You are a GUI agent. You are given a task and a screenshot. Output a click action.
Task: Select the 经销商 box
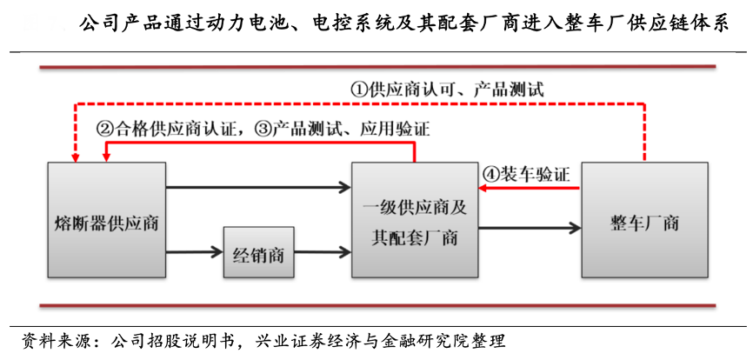tap(258, 255)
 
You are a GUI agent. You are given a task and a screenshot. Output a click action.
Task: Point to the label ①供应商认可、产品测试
tap(447, 90)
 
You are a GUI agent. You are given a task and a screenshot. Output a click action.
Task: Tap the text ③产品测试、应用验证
tap(343, 129)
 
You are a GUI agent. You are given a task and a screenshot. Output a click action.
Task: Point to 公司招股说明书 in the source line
tap(174, 339)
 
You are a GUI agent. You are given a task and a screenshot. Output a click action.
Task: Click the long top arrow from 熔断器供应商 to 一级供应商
tap(258, 185)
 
